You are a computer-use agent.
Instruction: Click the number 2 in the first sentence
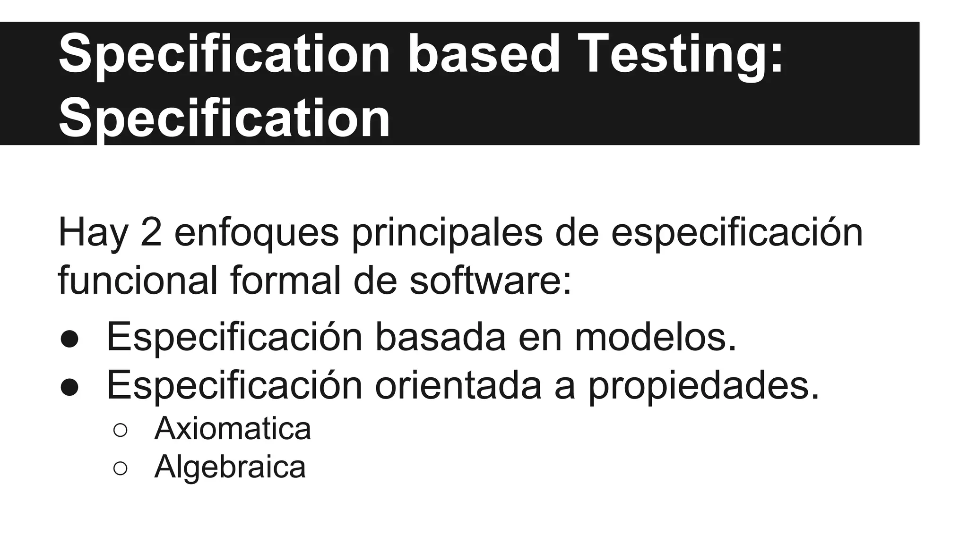(151, 232)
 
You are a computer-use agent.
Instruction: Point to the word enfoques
(256, 233)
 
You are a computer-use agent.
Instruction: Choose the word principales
(447, 233)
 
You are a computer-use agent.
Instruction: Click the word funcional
(138, 280)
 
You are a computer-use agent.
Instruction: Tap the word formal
(285, 280)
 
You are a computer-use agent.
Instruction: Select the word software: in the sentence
(490, 280)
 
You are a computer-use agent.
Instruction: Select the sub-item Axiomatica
(233, 429)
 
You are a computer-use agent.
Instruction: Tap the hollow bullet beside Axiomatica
(120, 430)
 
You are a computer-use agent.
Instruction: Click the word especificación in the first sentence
(736, 233)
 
